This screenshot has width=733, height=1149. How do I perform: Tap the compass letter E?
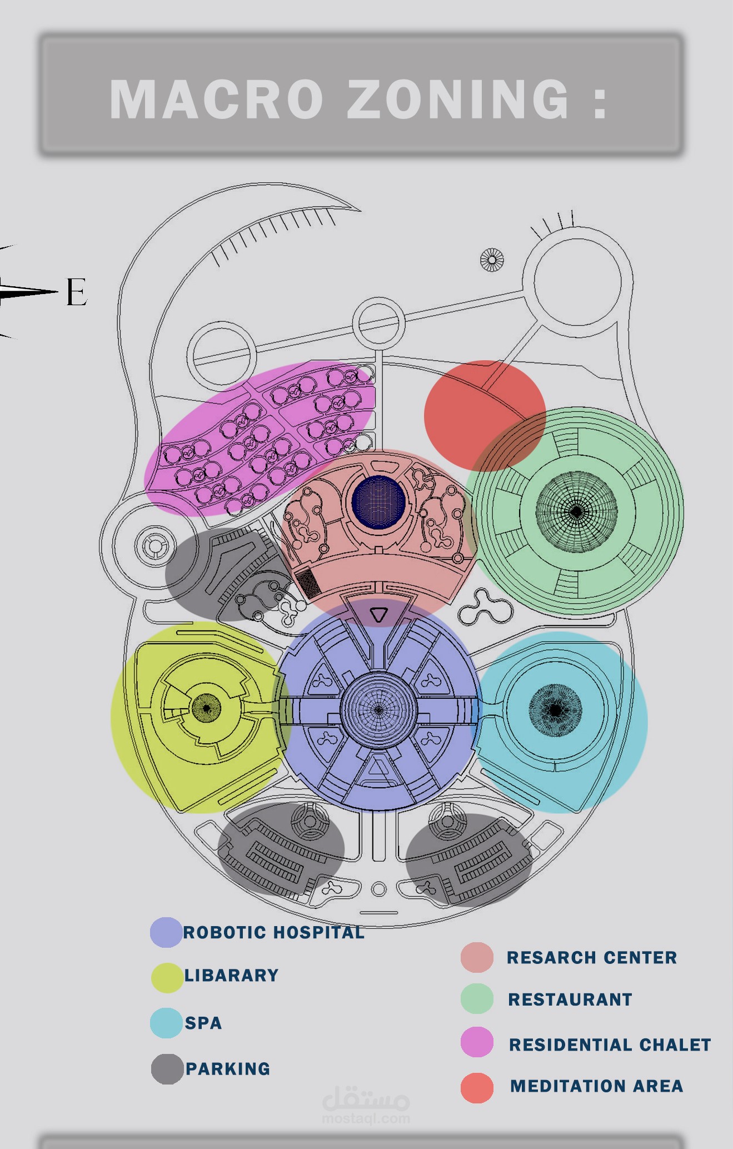coord(77,292)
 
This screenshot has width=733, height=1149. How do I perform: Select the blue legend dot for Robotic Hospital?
coord(166,932)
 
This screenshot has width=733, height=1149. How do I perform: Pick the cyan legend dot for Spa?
coord(166,1023)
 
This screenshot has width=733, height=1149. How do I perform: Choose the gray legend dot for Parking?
coord(167,1069)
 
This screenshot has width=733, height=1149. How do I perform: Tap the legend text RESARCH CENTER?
coord(592,957)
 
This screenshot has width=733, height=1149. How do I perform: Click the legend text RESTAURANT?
coord(570,999)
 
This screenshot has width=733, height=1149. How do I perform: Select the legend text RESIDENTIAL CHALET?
coord(610,1044)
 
